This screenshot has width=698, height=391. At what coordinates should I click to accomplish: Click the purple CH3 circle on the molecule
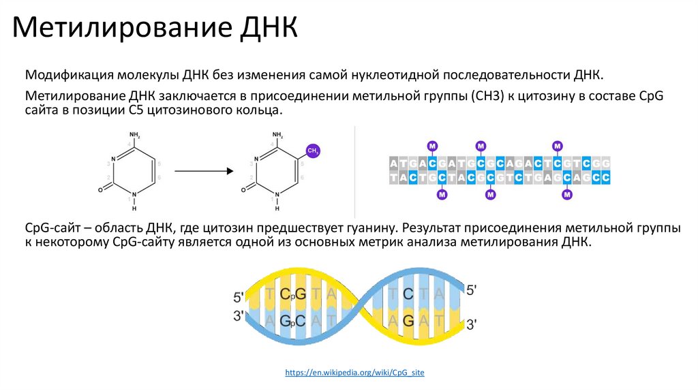[x=312, y=151]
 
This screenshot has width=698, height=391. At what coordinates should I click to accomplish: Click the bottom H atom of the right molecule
[x=278, y=208]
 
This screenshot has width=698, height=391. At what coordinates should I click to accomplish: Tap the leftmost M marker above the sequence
[x=431, y=146]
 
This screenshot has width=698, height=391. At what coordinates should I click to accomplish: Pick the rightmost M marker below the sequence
[x=566, y=195]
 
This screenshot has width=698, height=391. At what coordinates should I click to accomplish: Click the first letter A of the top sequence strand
[x=394, y=163]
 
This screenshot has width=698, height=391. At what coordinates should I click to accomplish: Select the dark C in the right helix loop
[x=408, y=294]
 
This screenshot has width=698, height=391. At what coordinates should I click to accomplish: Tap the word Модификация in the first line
[x=68, y=74]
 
